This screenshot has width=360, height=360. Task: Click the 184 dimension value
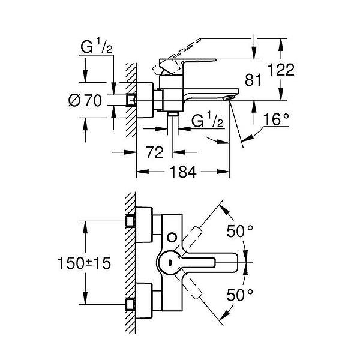click(x=183, y=172)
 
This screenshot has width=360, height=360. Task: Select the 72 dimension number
click(x=155, y=152)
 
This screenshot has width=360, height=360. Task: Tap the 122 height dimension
click(x=281, y=70)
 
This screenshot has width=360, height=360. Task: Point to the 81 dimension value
click(x=253, y=80)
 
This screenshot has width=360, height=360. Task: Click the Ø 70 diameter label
click(x=85, y=100)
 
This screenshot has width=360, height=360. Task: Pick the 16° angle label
click(x=276, y=119)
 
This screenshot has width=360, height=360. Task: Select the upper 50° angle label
click(x=240, y=231)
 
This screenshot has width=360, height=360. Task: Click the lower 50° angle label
click(x=240, y=295)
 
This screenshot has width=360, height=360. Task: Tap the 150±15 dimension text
click(x=84, y=263)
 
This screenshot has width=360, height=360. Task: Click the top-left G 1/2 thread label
click(x=97, y=46)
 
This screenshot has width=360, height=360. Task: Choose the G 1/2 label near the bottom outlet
click(x=207, y=119)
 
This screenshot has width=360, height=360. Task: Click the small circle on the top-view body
click(x=172, y=238)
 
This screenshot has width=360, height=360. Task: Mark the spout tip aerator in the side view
click(x=227, y=98)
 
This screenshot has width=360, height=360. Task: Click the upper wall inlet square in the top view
click(x=130, y=221)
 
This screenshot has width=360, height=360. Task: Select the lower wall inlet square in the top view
click(x=130, y=304)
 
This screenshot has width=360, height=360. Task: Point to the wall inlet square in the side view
click(x=131, y=100)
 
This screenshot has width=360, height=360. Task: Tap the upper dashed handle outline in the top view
click(x=188, y=239)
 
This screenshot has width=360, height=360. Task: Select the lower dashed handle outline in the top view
click(x=188, y=287)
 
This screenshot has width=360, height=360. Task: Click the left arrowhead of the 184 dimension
click(x=143, y=172)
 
